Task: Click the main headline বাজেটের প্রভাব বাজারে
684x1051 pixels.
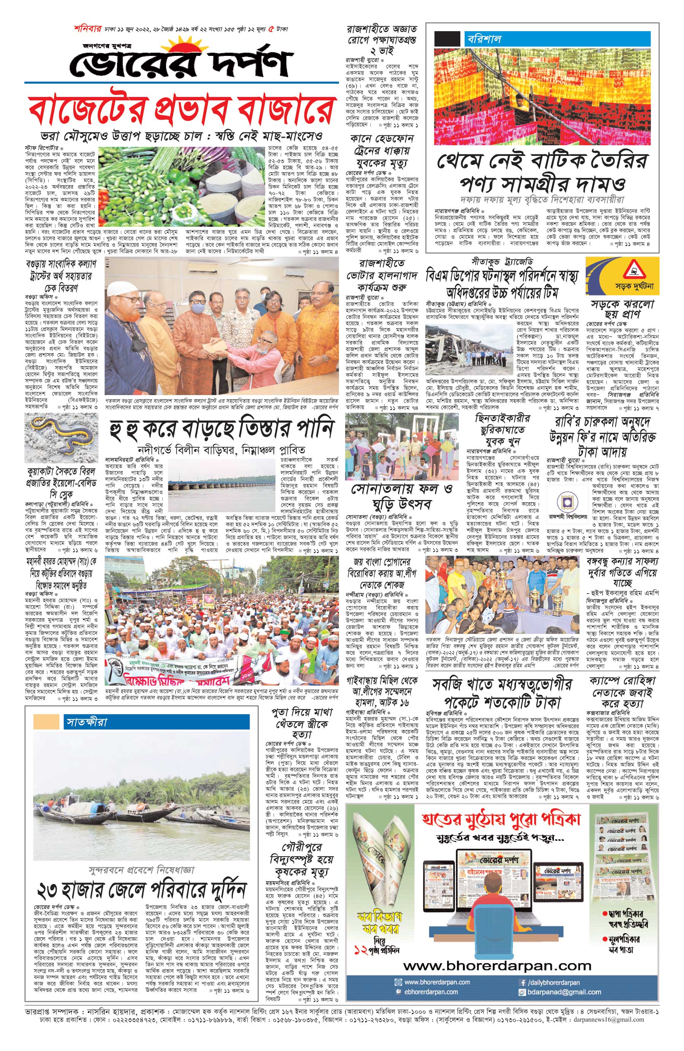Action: point(181,110)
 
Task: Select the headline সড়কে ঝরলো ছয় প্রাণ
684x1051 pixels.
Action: point(622,309)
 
